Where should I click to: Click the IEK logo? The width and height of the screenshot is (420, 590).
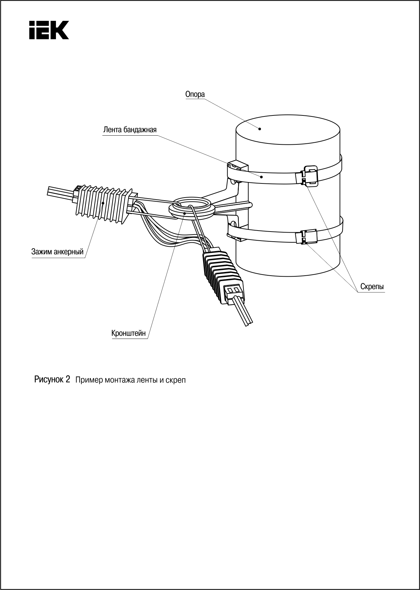click(49, 30)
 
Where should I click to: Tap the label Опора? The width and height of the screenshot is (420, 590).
click(195, 94)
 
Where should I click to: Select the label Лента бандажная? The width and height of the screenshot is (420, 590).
click(130, 130)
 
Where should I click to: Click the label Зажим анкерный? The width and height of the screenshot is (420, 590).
click(57, 251)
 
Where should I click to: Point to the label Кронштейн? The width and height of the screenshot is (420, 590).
click(129, 333)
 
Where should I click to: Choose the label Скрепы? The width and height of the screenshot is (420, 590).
click(372, 287)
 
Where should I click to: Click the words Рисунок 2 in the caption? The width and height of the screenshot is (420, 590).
click(52, 380)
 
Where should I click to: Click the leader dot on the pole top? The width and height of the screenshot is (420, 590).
click(260, 128)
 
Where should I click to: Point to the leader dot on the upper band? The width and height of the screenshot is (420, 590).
click(261, 176)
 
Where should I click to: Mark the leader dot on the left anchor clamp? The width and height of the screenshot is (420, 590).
click(103, 203)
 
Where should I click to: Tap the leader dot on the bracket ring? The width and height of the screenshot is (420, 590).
click(184, 213)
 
